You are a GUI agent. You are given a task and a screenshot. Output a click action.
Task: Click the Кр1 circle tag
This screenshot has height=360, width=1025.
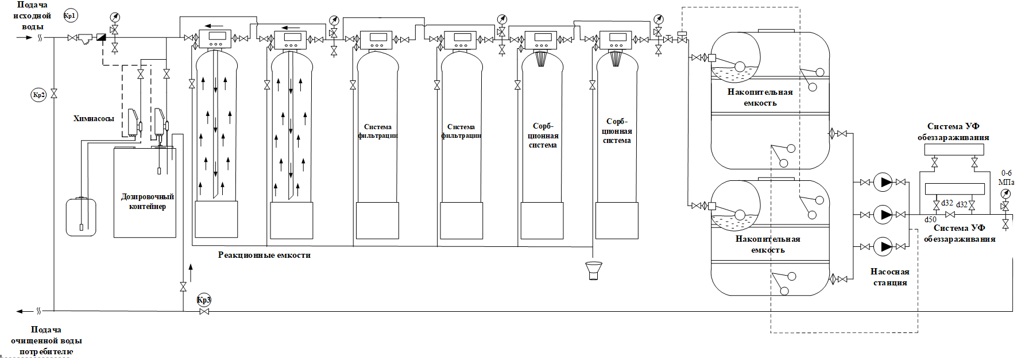point(69,16)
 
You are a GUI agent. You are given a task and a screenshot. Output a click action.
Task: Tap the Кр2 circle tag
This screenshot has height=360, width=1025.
point(38,95)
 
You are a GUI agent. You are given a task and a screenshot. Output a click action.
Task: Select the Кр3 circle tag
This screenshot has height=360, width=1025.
point(204,300)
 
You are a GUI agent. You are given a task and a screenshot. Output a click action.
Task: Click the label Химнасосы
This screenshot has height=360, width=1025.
point(94,119)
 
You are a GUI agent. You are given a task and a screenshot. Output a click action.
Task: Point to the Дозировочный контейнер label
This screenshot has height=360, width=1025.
point(147,202)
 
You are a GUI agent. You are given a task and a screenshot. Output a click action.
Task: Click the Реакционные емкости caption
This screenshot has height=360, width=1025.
point(264,255)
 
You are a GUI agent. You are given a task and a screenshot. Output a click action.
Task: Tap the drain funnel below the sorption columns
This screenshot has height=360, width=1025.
point(593,270)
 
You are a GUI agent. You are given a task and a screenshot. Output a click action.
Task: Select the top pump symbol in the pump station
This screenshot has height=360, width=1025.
point(883,183)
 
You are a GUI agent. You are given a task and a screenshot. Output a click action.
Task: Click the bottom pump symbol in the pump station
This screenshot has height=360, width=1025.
point(883,247)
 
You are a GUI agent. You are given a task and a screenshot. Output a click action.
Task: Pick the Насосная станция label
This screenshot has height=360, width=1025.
point(890,277)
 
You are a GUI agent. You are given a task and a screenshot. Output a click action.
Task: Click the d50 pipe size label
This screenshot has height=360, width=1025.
point(930,220)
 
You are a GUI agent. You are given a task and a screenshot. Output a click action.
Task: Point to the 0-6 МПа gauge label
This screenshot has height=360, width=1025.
point(1006,177)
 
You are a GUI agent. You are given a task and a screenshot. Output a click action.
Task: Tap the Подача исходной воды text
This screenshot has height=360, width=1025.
point(33,16)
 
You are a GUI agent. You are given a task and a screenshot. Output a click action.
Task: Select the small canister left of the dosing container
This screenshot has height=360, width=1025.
point(81,216)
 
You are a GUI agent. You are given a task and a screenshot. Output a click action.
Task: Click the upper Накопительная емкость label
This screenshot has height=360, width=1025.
point(760,98)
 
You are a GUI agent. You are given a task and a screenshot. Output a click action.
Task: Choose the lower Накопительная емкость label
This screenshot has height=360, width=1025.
point(768,244)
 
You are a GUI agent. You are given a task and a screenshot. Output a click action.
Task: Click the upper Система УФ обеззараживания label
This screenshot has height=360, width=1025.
point(953,131)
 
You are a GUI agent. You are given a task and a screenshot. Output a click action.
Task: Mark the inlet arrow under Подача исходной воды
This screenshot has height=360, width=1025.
point(25,37)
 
